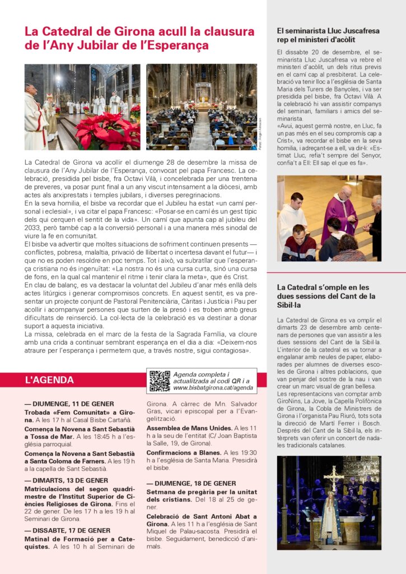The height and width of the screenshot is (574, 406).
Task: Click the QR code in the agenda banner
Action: [x=160, y=381]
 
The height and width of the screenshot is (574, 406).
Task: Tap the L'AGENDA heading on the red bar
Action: [x=49, y=380]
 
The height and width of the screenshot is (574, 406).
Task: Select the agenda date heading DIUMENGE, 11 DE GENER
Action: [x=69, y=404]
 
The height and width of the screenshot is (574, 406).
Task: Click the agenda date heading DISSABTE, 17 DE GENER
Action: [x=67, y=530]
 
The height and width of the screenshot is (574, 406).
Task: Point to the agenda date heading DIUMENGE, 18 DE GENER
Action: [x=191, y=483]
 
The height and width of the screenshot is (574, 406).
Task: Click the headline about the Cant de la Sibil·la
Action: [x=326, y=296]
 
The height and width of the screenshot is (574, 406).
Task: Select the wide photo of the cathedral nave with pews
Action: [x=201, y=107]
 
